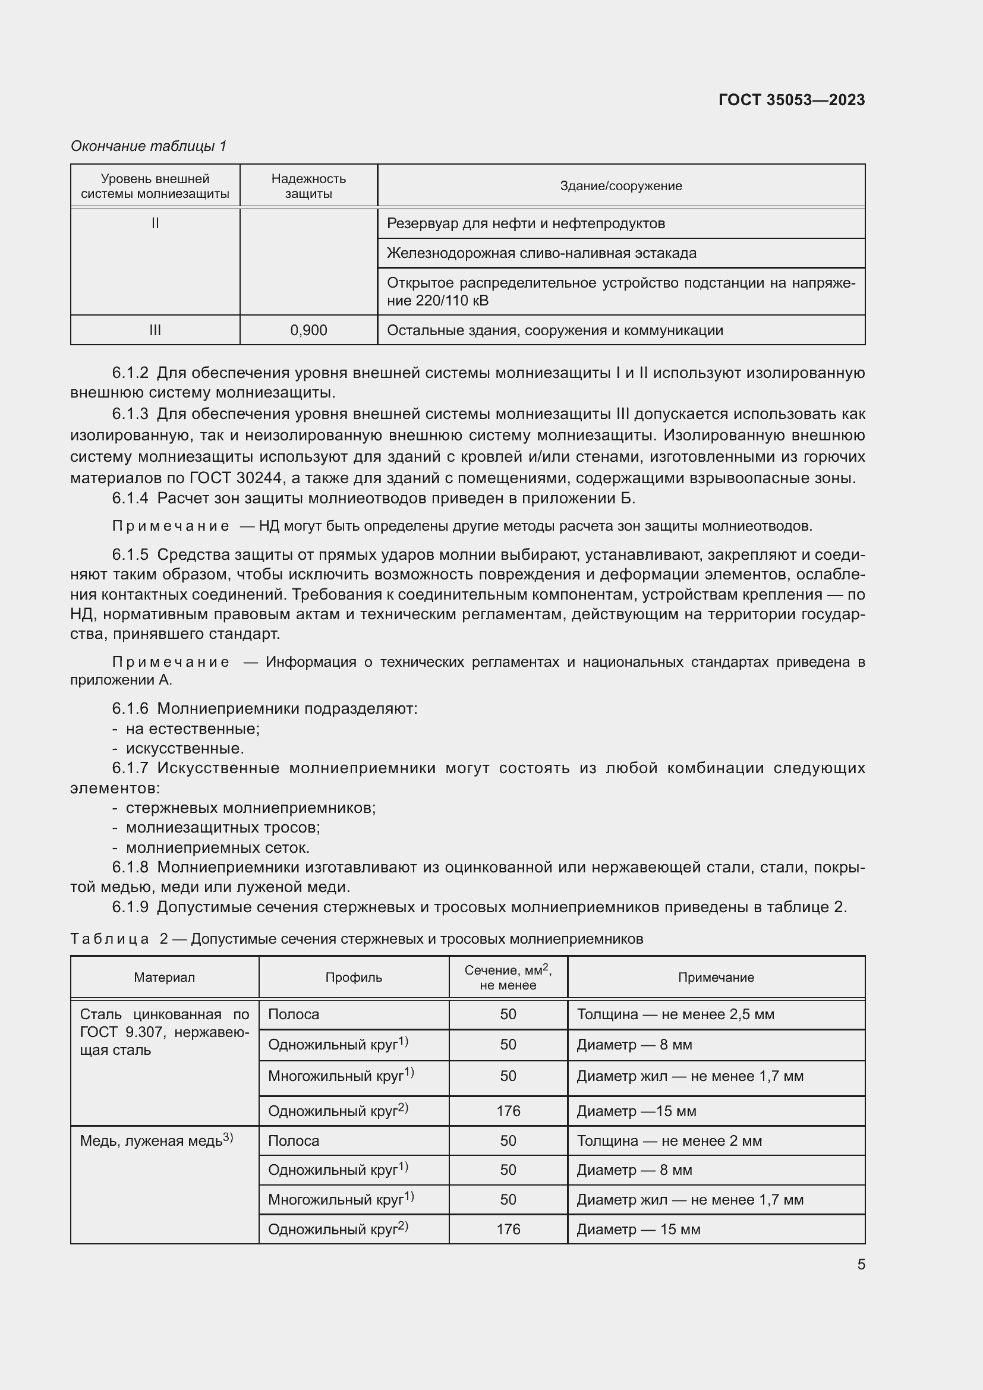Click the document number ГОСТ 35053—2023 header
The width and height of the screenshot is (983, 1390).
coord(791,100)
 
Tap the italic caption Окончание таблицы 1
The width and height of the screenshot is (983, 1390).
coord(149,146)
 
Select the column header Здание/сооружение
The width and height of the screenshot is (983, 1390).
coord(620,186)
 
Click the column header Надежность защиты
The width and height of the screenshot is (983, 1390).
coord(308,186)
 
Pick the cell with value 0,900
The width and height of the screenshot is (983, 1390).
coord(308,330)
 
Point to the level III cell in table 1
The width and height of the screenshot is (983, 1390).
coord(155,330)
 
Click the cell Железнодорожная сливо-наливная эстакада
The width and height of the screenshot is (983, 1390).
coord(541,253)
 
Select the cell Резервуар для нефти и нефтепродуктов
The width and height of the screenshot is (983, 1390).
coord(525,223)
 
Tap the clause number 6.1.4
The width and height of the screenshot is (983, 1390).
coord(130,498)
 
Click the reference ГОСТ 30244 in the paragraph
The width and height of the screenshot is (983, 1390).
coord(236,478)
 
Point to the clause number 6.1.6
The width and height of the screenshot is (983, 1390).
coord(130,708)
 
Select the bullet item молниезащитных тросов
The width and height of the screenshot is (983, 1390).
coord(223,828)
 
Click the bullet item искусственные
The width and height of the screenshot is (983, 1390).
coord(185,748)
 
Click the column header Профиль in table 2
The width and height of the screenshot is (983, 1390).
coord(354,977)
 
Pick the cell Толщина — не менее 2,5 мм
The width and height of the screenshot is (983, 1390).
coord(675,1014)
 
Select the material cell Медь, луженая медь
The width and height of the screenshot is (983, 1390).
coord(156,1141)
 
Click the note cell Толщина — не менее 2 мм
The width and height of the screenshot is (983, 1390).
coord(669,1141)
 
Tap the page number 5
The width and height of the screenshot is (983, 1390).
coord(861,1265)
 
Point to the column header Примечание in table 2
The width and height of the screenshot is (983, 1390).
coord(716,977)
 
